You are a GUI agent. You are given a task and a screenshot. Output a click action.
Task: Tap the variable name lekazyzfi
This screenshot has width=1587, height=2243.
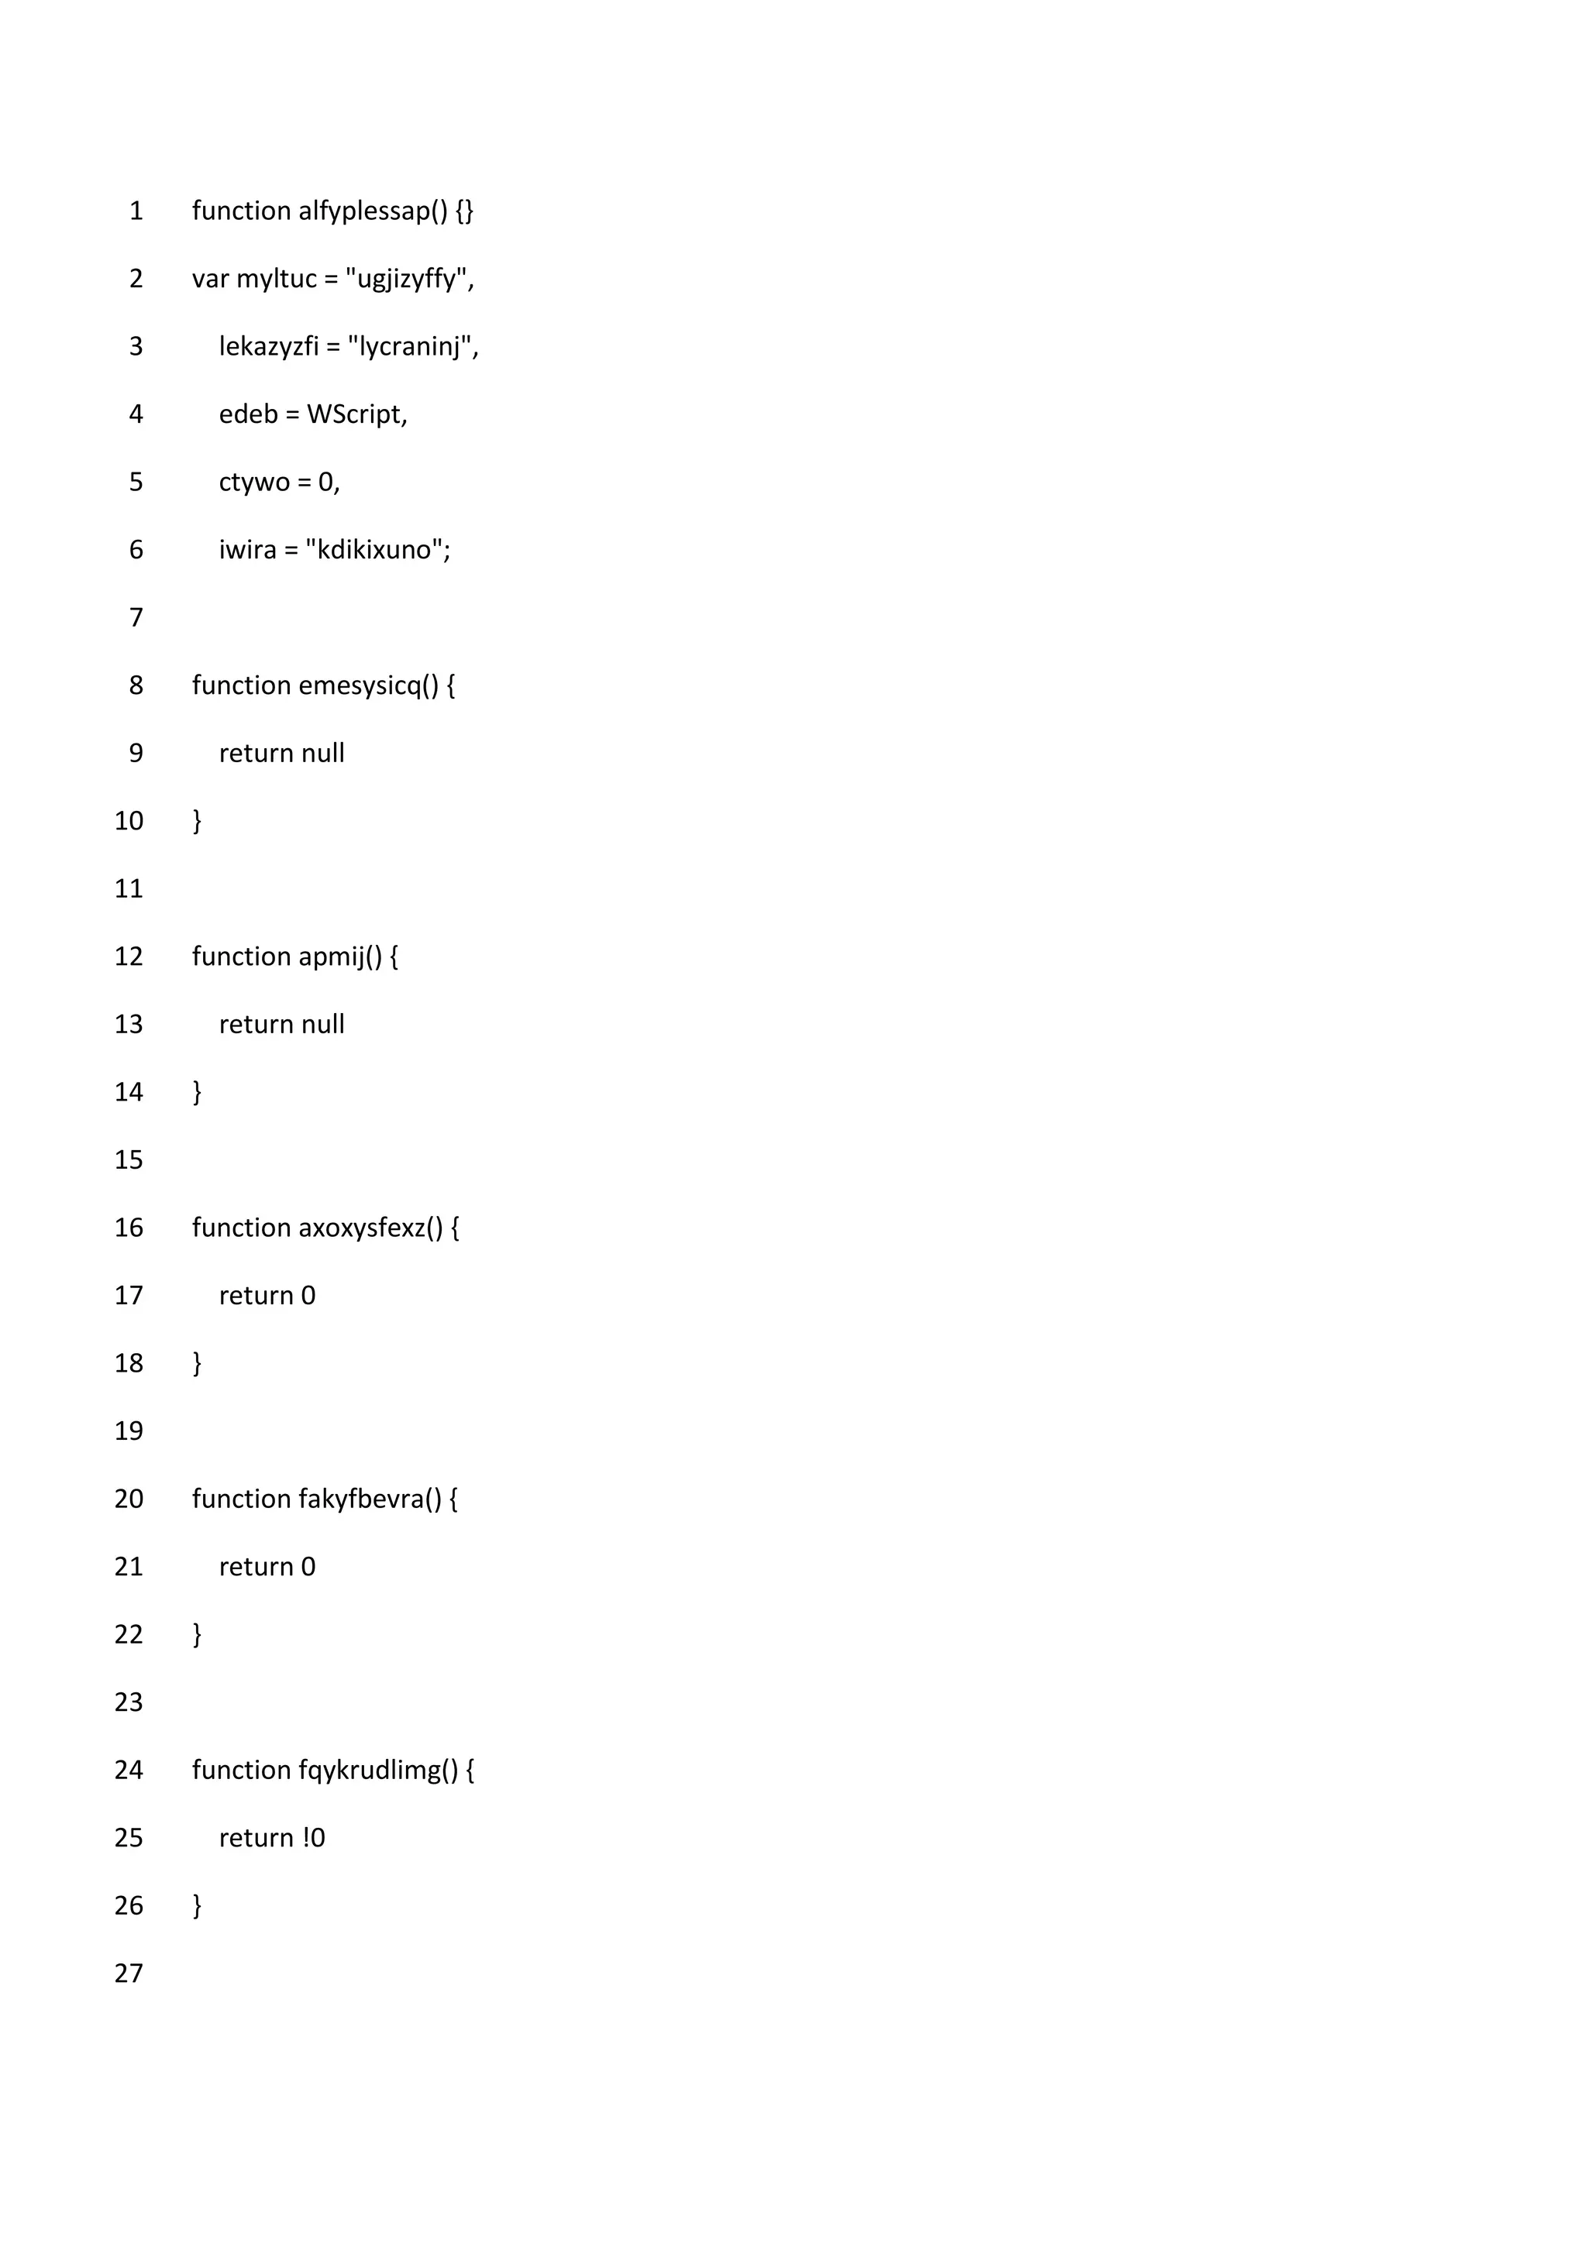(x=269, y=347)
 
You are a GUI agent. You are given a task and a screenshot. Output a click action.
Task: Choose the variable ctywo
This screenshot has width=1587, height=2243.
(x=254, y=483)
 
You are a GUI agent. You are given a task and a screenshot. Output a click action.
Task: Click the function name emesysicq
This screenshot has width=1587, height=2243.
(x=359, y=685)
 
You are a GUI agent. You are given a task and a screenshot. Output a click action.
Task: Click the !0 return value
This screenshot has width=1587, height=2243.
(x=314, y=1838)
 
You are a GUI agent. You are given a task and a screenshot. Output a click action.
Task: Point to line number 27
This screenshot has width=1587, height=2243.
(x=129, y=1973)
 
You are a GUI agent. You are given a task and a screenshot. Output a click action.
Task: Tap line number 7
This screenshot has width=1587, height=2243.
(x=136, y=617)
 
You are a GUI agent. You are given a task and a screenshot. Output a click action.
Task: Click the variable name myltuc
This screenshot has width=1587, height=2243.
(x=277, y=280)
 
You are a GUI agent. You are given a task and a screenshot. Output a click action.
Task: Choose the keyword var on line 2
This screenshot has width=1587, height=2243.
(x=210, y=280)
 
